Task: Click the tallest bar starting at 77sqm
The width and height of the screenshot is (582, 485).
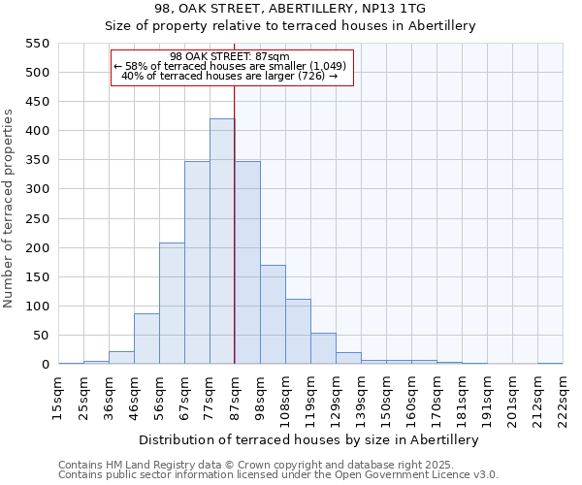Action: pos(222,242)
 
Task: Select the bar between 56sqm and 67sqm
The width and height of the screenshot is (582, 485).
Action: pos(172,304)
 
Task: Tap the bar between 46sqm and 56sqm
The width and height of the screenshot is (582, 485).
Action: pos(146,339)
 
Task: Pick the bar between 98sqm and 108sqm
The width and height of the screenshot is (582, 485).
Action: pos(273,314)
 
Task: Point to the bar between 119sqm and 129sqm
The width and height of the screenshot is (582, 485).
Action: pos(323,348)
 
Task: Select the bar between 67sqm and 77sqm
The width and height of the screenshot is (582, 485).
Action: pos(197,263)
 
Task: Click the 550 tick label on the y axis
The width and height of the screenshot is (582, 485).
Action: pos(36,44)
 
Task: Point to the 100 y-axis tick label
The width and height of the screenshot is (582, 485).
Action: pos(36,307)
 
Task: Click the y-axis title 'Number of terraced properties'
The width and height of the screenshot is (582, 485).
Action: pos(9,209)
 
